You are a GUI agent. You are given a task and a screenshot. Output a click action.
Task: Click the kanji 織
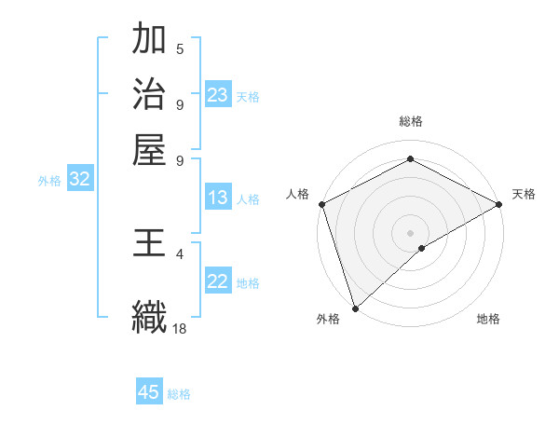pyautogui.click(x=149, y=314)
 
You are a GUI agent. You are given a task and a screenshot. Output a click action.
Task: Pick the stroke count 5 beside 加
pyautogui.click(x=180, y=48)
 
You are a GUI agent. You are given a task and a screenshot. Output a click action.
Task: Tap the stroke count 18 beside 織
pyautogui.click(x=180, y=328)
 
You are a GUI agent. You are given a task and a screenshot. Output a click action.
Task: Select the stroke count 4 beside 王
pyautogui.click(x=180, y=253)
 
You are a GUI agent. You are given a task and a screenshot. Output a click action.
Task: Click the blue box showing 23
pyautogui.click(x=217, y=95)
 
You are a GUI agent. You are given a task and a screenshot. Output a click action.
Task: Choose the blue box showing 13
pyautogui.click(x=217, y=198)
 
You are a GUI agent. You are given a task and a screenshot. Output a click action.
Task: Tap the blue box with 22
pyautogui.click(x=217, y=281)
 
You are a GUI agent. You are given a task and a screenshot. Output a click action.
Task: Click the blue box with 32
pyautogui.click(x=79, y=180)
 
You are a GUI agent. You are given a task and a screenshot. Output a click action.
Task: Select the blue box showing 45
pyautogui.click(x=149, y=391)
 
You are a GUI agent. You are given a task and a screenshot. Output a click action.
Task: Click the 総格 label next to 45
pyautogui.click(x=178, y=393)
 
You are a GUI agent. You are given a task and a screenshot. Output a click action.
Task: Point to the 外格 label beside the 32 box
pyautogui.click(x=49, y=181)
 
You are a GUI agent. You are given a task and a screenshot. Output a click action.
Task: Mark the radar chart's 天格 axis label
pyautogui.click(x=524, y=194)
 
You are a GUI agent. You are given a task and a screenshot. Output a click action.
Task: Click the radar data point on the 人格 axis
pyautogui.click(x=321, y=204)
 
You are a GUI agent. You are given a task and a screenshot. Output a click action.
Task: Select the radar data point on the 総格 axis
pyautogui.click(x=410, y=159)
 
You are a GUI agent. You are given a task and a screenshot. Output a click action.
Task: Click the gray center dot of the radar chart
pyautogui.click(x=410, y=232)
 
